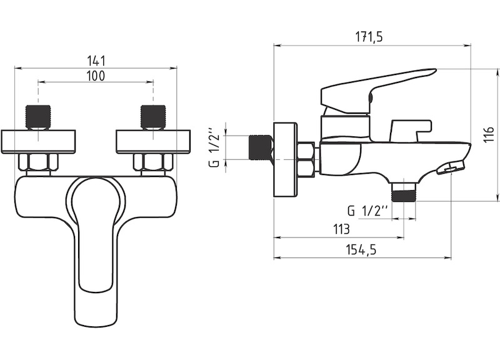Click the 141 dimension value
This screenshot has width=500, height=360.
(x=96, y=61)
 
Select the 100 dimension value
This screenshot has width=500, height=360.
(x=96, y=76)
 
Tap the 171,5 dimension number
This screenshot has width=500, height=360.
(x=369, y=37)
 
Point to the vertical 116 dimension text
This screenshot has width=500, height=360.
(x=489, y=135)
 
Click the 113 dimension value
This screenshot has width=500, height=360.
(x=341, y=229)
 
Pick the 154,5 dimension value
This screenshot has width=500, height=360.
(x=361, y=249)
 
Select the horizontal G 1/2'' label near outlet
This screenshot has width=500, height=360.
(x=367, y=211)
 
